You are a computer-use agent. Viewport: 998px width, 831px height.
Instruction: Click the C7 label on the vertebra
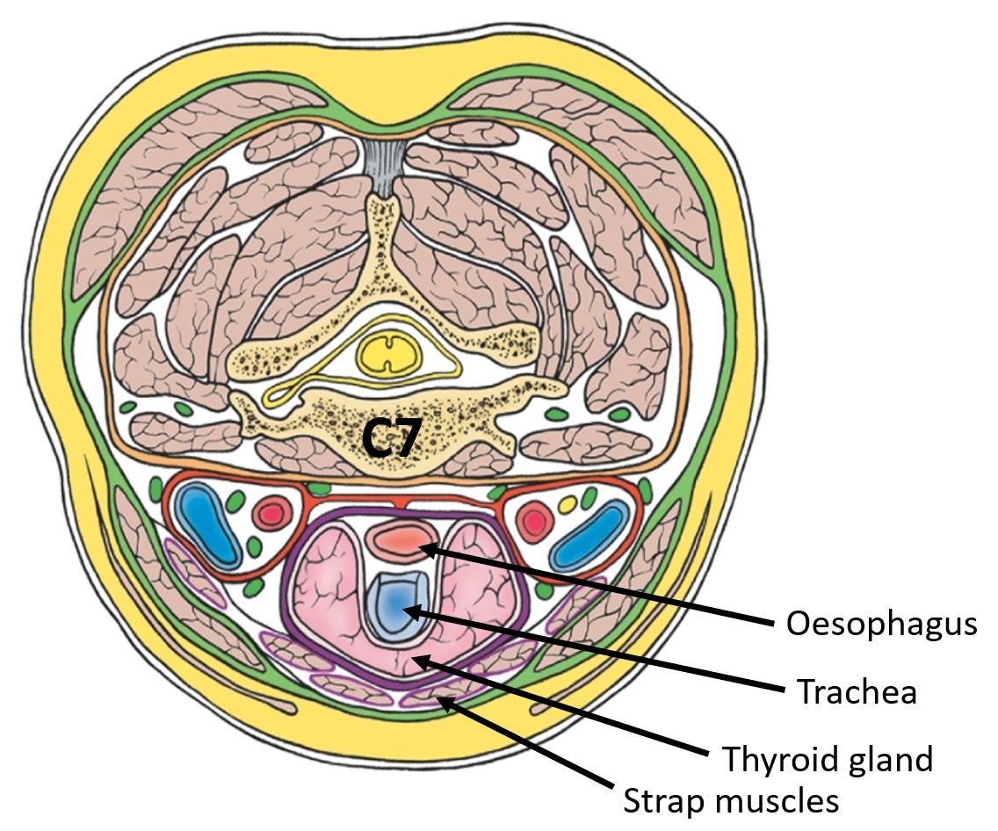click(x=392, y=436)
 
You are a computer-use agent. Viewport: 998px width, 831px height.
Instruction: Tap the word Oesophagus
click(x=881, y=623)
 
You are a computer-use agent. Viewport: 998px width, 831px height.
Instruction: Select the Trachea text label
click(x=857, y=691)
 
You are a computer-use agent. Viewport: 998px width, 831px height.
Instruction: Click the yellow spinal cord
click(x=386, y=354)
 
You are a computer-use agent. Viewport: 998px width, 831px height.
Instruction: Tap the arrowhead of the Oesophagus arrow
click(x=423, y=549)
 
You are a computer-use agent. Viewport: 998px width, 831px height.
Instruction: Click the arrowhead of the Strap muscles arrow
click(x=443, y=699)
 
